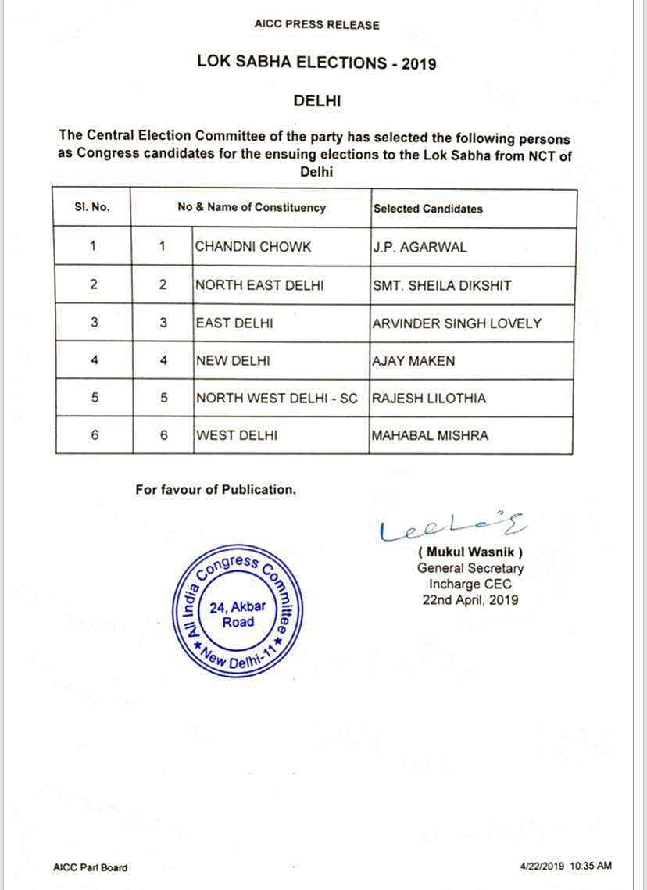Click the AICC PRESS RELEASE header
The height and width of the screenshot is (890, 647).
316,25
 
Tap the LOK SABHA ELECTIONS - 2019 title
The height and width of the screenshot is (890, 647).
316,63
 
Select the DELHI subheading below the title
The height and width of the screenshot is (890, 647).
317,101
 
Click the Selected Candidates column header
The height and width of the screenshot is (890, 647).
428,209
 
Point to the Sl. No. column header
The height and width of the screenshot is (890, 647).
92,208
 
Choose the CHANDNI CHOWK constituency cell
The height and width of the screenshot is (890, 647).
253,247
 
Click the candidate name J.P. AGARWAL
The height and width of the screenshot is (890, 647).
420,247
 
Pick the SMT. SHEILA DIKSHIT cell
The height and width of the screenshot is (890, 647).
441,285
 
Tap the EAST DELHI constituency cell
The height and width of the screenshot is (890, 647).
234,323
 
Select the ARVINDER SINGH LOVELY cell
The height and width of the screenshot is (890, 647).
457,323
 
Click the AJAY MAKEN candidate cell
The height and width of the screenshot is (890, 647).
414,360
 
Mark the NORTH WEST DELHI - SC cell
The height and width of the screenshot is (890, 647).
277,398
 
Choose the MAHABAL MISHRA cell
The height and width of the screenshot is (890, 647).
430,435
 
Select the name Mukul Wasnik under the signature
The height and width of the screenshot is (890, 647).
470,552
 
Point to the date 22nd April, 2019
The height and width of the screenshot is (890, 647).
470,600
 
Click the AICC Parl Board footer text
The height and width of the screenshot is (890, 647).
90,867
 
